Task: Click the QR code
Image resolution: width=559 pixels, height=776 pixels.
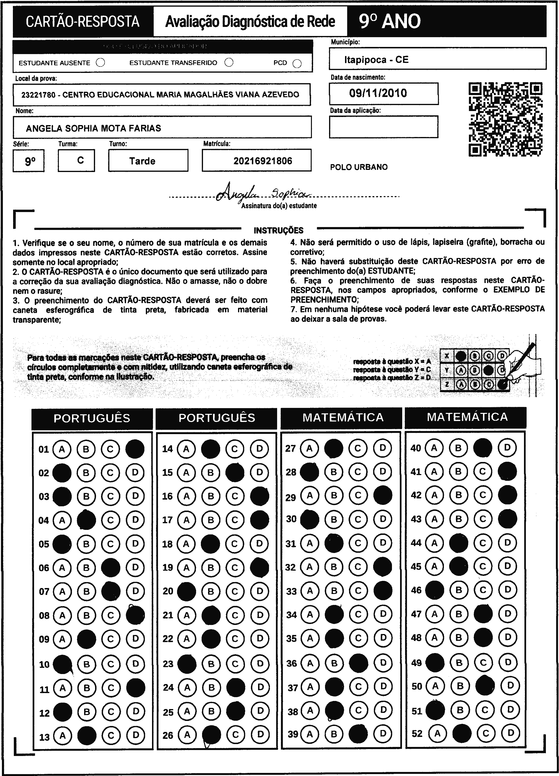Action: [x=505, y=119]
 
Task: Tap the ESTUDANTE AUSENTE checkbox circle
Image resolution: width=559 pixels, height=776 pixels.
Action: [x=101, y=63]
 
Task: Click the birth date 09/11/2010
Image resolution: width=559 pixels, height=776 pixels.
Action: [x=378, y=93]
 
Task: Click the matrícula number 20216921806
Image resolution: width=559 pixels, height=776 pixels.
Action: [x=263, y=161]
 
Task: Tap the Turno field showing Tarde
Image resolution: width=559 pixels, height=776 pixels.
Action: [x=142, y=161]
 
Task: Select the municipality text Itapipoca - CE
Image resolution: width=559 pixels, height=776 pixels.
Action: [x=376, y=60]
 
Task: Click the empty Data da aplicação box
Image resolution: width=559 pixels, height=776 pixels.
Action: [x=383, y=127]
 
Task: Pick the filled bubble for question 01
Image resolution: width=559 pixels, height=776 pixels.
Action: [x=135, y=449]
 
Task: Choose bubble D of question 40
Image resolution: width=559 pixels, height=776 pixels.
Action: [x=507, y=447]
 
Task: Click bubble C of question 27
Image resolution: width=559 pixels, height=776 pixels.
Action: [x=358, y=448]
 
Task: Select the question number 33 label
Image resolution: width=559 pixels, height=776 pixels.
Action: [x=291, y=591]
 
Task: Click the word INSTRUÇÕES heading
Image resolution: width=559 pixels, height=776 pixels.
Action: [x=279, y=230]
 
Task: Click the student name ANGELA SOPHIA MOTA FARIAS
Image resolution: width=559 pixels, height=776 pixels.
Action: [x=93, y=128]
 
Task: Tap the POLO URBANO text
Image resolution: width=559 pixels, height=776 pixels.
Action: [x=359, y=167]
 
